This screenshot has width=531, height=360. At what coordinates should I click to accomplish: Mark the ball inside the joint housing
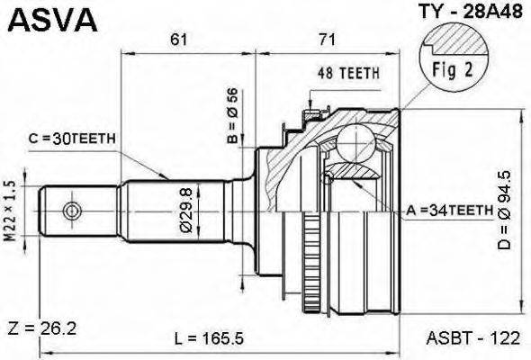[359, 143]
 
